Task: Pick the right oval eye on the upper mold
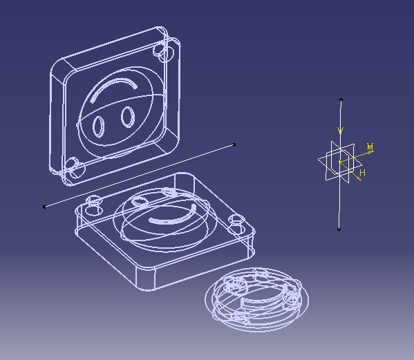[x=128, y=117]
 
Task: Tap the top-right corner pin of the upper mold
[x=164, y=51]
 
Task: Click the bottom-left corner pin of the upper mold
[x=74, y=166]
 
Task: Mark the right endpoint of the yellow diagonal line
[x=234, y=144]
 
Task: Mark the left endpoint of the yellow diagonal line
[x=45, y=206]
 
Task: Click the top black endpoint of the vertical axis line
[x=341, y=101]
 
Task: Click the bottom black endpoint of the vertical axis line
[x=339, y=229]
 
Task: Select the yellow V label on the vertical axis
[x=341, y=130]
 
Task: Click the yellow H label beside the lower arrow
[x=362, y=173]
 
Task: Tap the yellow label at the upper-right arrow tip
[x=370, y=147]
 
